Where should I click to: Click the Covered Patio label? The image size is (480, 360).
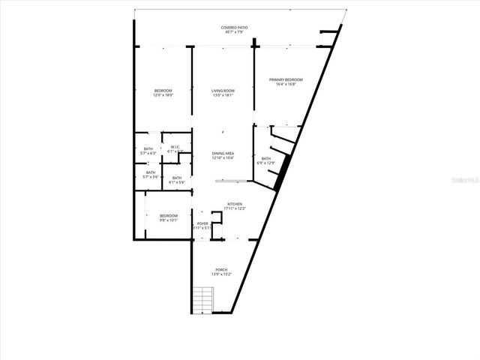pos(234,28)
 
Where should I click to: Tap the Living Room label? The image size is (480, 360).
pos(223,91)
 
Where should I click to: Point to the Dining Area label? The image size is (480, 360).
pos(223,153)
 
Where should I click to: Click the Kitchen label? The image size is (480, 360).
pos(235,203)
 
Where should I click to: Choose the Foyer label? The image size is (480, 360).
pos(202,223)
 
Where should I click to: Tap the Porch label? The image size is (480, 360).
pos(221,270)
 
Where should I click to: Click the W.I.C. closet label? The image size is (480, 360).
pos(174,146)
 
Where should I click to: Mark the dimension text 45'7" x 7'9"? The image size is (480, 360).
pos(234,32)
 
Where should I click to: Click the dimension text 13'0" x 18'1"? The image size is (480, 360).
pos(223,95)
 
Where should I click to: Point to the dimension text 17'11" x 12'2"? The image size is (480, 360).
pos(235,208)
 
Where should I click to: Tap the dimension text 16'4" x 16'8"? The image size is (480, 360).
pos(286,84)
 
